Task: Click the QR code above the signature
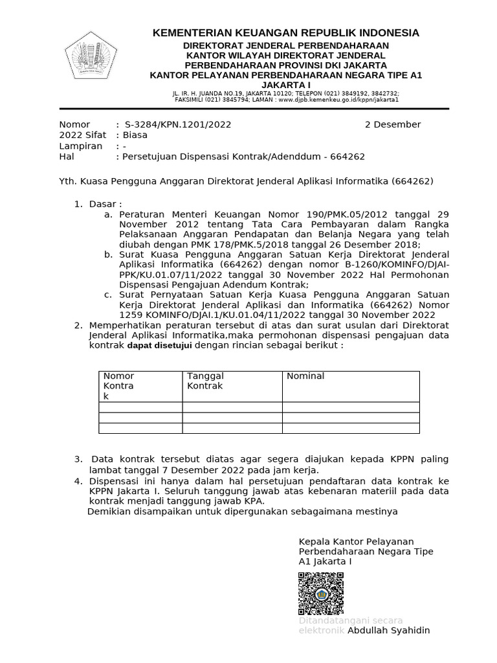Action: pos(321,593)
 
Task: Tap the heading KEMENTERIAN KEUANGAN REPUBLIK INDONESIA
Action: pos(285,33)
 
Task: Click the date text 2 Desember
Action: pos(393,124)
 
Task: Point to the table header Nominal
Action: pos(305,376)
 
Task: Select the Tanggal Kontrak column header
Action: pos(205,381)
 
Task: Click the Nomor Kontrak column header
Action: pos(118,386)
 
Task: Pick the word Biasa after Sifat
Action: pos(136,135)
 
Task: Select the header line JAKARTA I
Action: pos(285,85)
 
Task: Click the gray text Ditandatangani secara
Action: pos(350,620)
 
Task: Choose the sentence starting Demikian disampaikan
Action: pos(242,511)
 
